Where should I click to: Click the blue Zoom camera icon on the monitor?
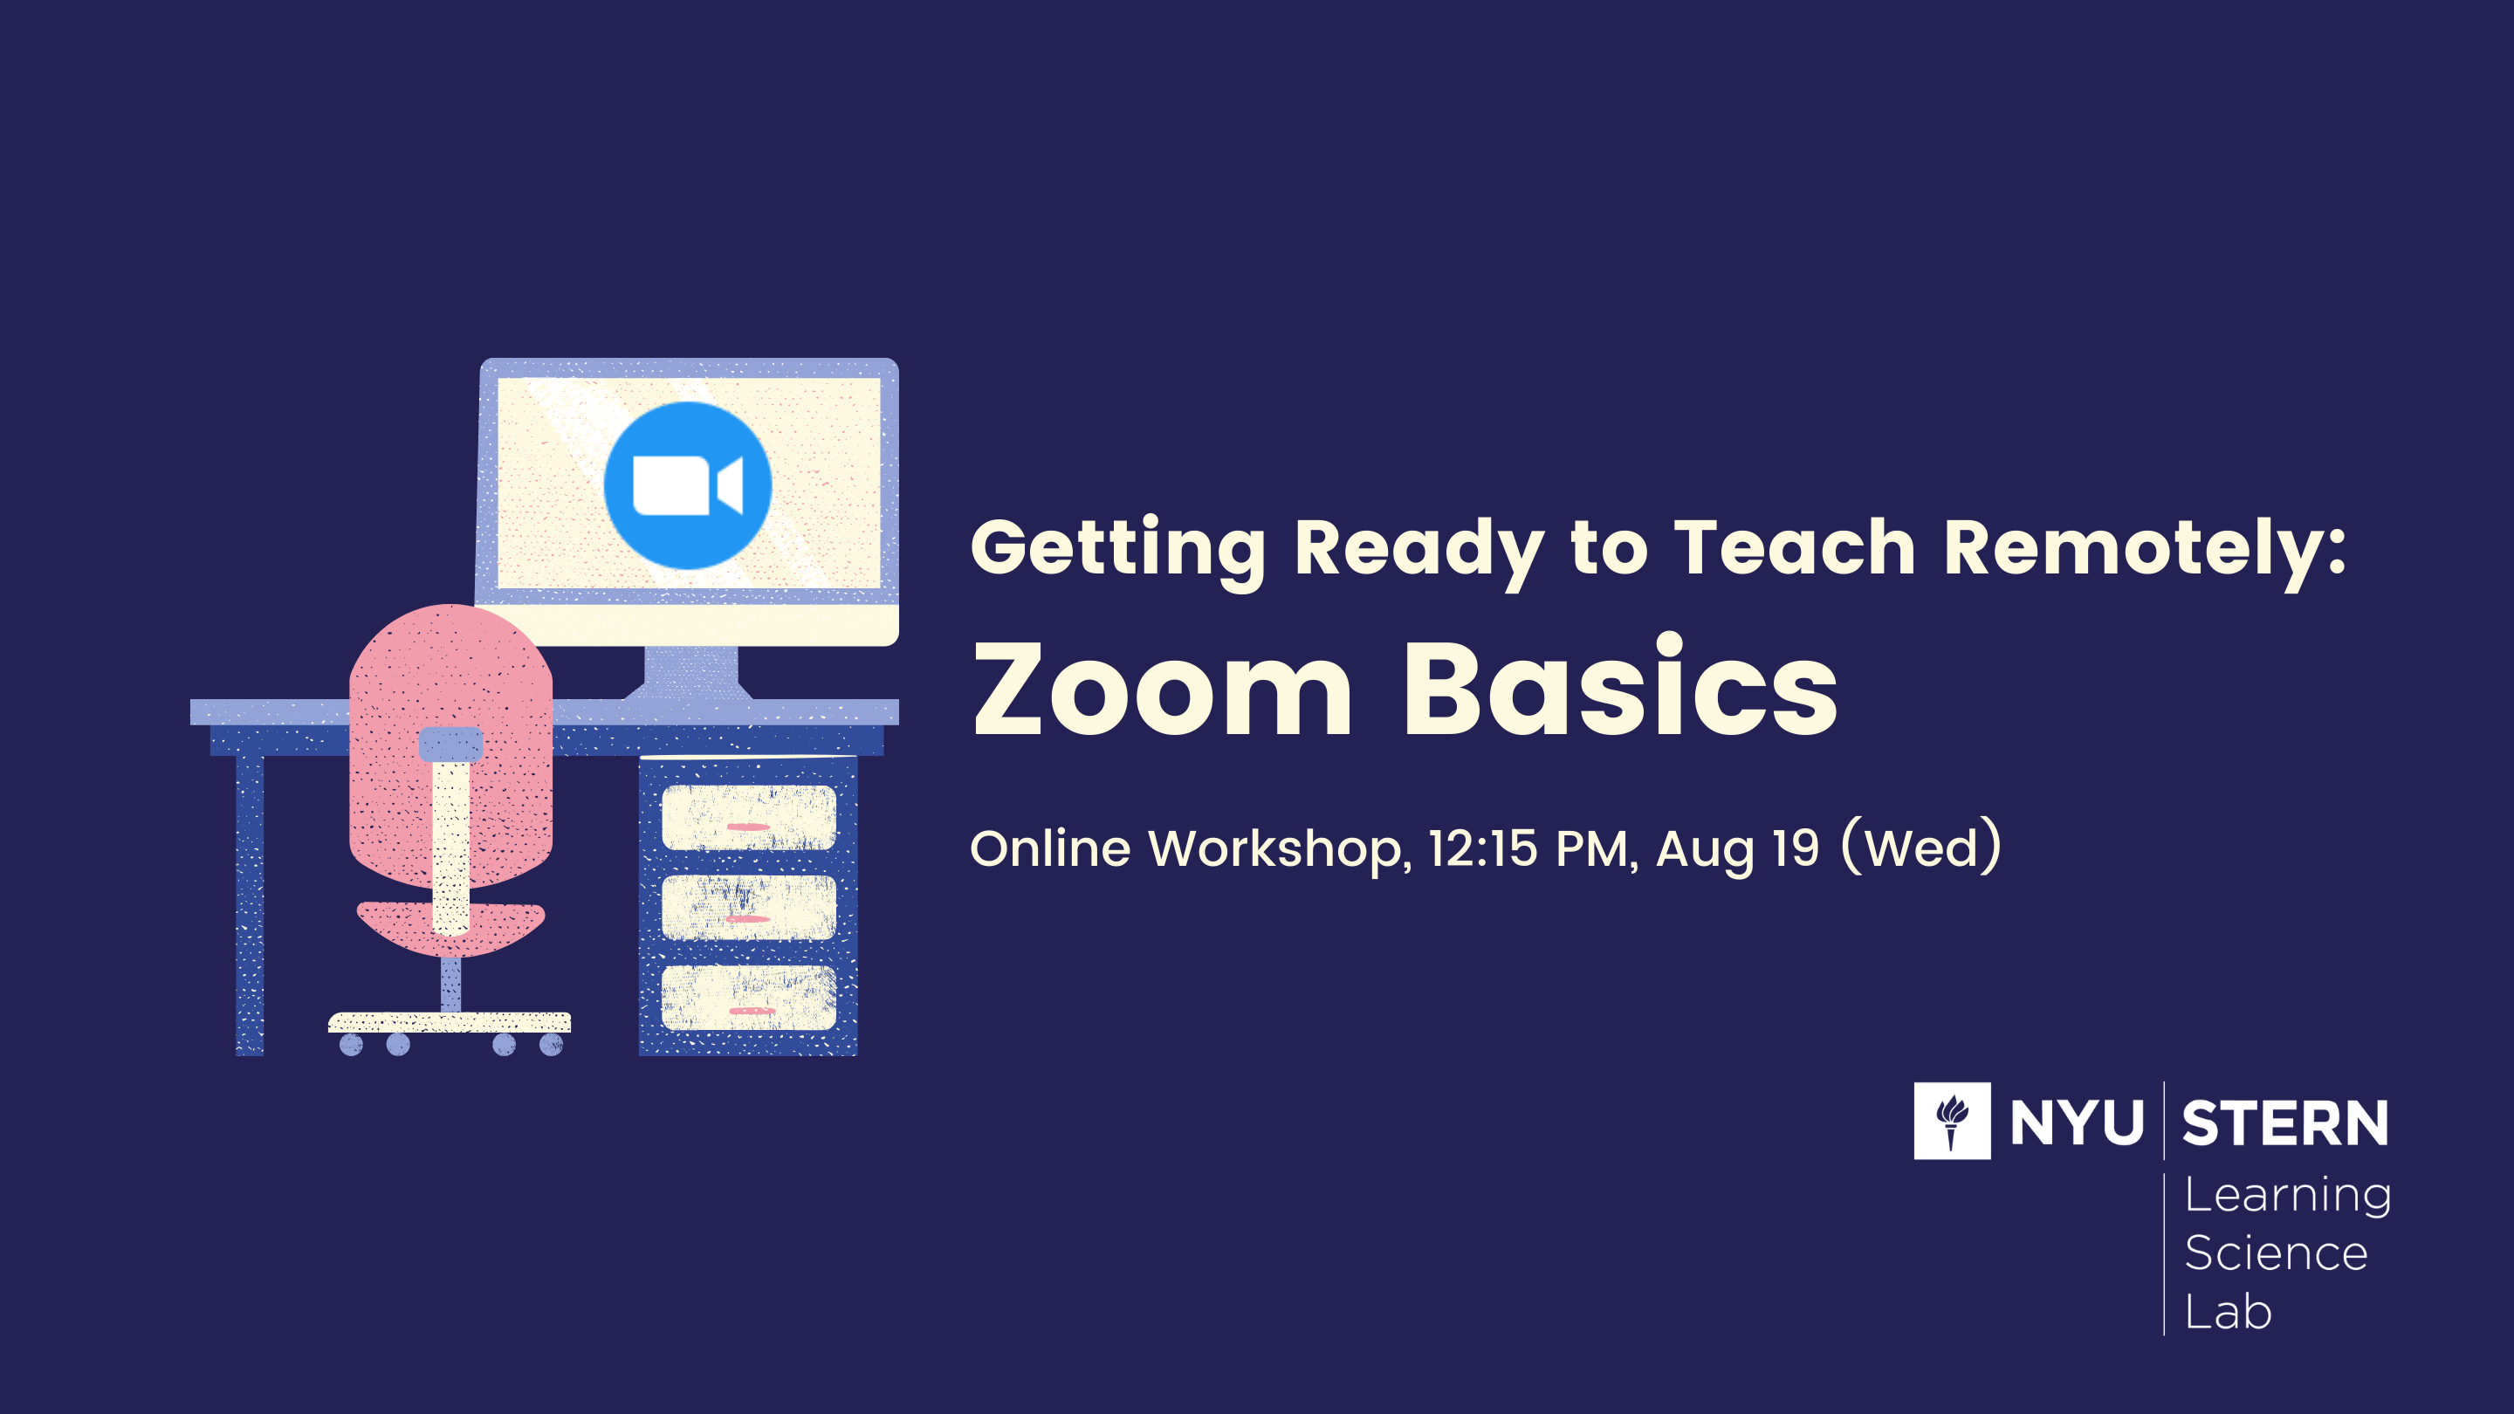click(688, 485)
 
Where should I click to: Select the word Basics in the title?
click(1620, 686)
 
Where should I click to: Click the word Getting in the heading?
click(1118, 552)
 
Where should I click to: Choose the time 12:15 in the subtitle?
click(1483, 848)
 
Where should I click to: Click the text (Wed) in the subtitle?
click(1920, 846)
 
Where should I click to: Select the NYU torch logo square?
click(1952, 1120)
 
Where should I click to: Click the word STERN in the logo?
click(2284, 1123)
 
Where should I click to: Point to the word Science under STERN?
click(2276, 1253)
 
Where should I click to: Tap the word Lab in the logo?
click(2228, 1312)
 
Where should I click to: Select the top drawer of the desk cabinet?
click(749, 818)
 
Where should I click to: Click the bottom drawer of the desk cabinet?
click(749, 998)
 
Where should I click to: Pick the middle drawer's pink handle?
click(749, 919)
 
